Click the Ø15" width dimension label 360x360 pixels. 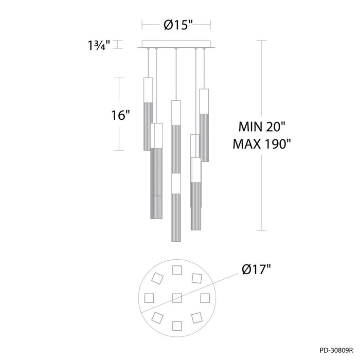[x=176, y=24]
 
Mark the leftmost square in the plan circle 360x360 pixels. [x=150, y=297]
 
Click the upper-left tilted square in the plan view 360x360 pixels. [x=158, y=278]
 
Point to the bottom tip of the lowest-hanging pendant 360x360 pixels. [x=175, y=241]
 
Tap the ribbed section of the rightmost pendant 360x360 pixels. [x=204, y=136]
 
